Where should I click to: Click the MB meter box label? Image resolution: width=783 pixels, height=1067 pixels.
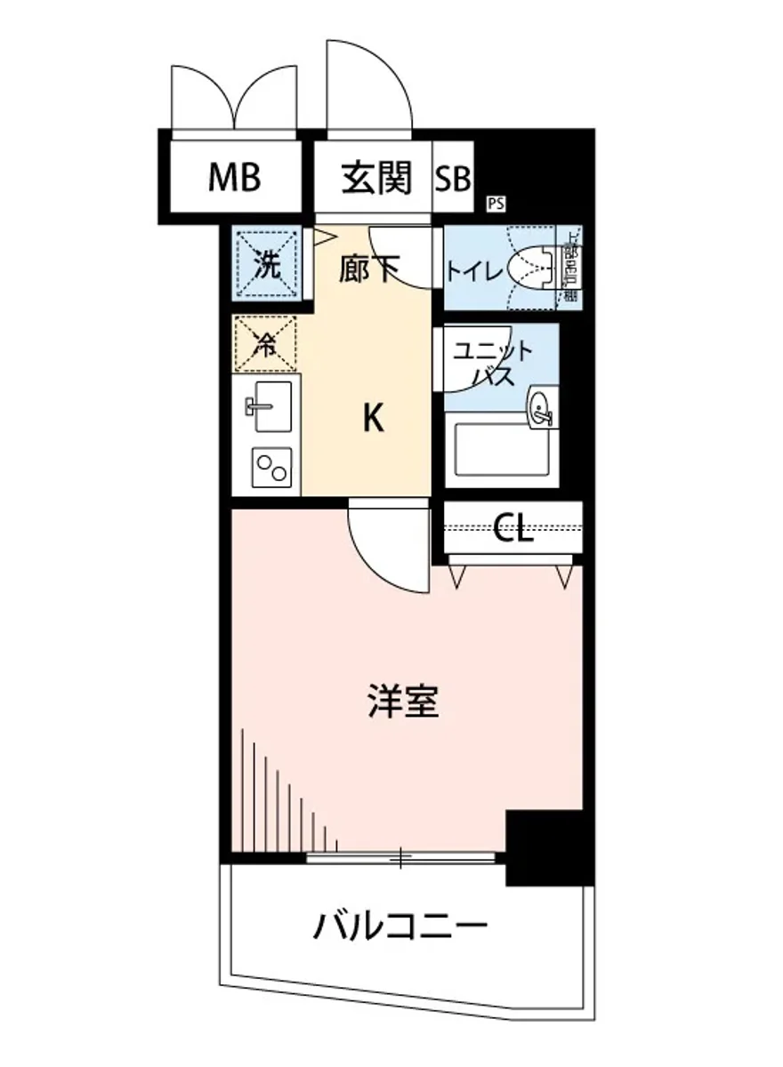[x=235, y=178]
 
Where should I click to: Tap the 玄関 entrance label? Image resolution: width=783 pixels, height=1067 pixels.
[x=377, y=178]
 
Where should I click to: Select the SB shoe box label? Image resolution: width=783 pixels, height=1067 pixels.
[x=453, y=179]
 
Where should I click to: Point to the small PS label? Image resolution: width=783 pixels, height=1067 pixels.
[x=495, y=204]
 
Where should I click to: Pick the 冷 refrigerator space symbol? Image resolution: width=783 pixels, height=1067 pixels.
[x=265, y=343]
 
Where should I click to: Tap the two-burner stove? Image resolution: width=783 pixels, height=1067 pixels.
[x=270, y=467]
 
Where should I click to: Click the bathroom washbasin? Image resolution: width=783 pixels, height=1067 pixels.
[x=542, y=409]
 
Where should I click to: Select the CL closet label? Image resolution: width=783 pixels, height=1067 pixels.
[x=513, y=530]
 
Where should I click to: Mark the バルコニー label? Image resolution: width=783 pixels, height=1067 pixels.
[x=400, y=929]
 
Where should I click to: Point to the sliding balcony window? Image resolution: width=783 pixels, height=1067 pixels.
[x=400, y=857]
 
